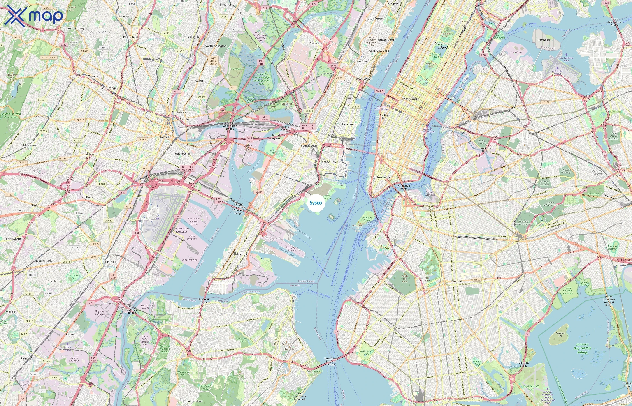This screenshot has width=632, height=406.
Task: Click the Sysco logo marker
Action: coord(316,203)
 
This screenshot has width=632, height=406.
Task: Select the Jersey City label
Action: coord(328,162)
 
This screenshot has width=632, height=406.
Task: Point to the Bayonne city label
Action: coord(241,253)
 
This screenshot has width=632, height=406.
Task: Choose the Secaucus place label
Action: coord(316,43)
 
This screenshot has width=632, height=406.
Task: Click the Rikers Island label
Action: coord(544,40)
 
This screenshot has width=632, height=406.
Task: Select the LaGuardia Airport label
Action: coord(557,72)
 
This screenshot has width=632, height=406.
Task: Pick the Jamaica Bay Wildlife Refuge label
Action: coord(582,348)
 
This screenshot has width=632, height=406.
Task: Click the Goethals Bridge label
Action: coord(132,311)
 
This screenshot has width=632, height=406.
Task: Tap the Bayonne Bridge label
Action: coord(203,301)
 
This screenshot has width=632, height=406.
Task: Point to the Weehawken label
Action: coord(364,78)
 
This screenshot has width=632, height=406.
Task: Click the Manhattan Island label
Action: coord(443,45)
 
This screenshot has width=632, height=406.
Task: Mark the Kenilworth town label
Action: coord(13,239)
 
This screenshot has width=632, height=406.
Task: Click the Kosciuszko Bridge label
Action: coord(486,150)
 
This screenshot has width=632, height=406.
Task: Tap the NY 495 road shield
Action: coord(379,91)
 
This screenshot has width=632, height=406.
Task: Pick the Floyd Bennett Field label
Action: coord(530,388)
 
